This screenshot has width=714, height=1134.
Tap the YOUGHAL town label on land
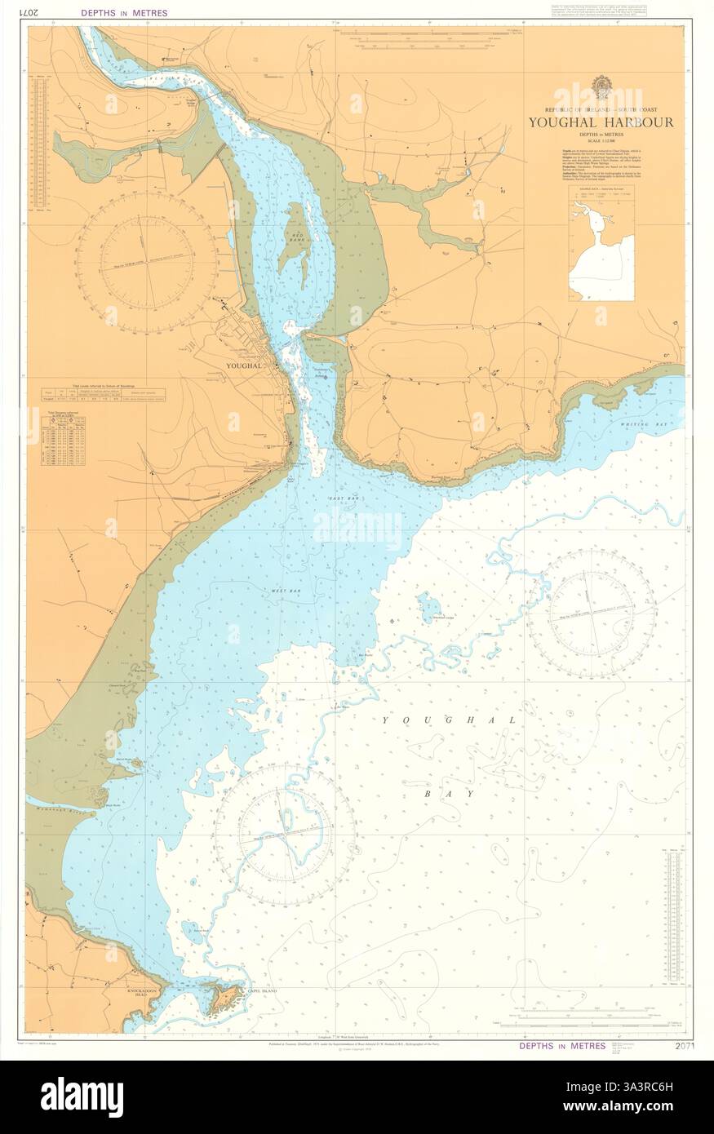[x=241, y=366]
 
